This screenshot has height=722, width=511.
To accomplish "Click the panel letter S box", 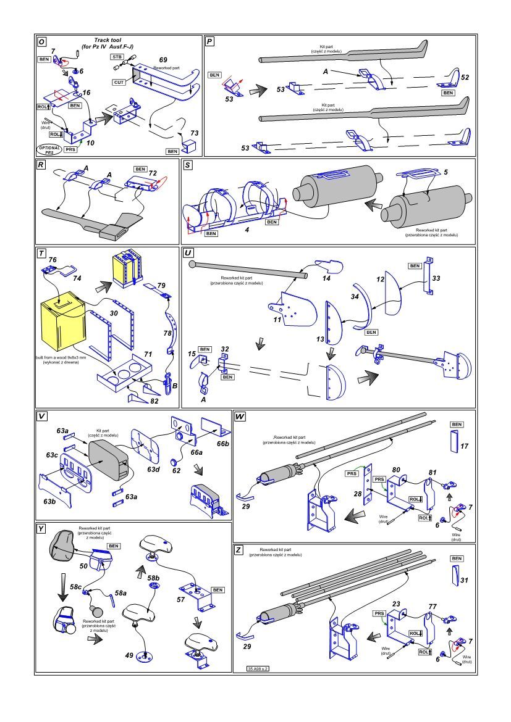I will pyautogui.click(x=188, y=166).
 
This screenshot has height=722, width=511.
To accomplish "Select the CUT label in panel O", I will pyautogui.click(x=120, y=82).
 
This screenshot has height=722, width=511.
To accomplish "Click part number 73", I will pyautogui.click(x=193, y=133).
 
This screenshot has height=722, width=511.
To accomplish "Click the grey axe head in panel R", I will pyautogui.click(x=114, y=231).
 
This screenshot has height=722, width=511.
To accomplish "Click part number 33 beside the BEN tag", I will pyautogui.click(x=436, y=278).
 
